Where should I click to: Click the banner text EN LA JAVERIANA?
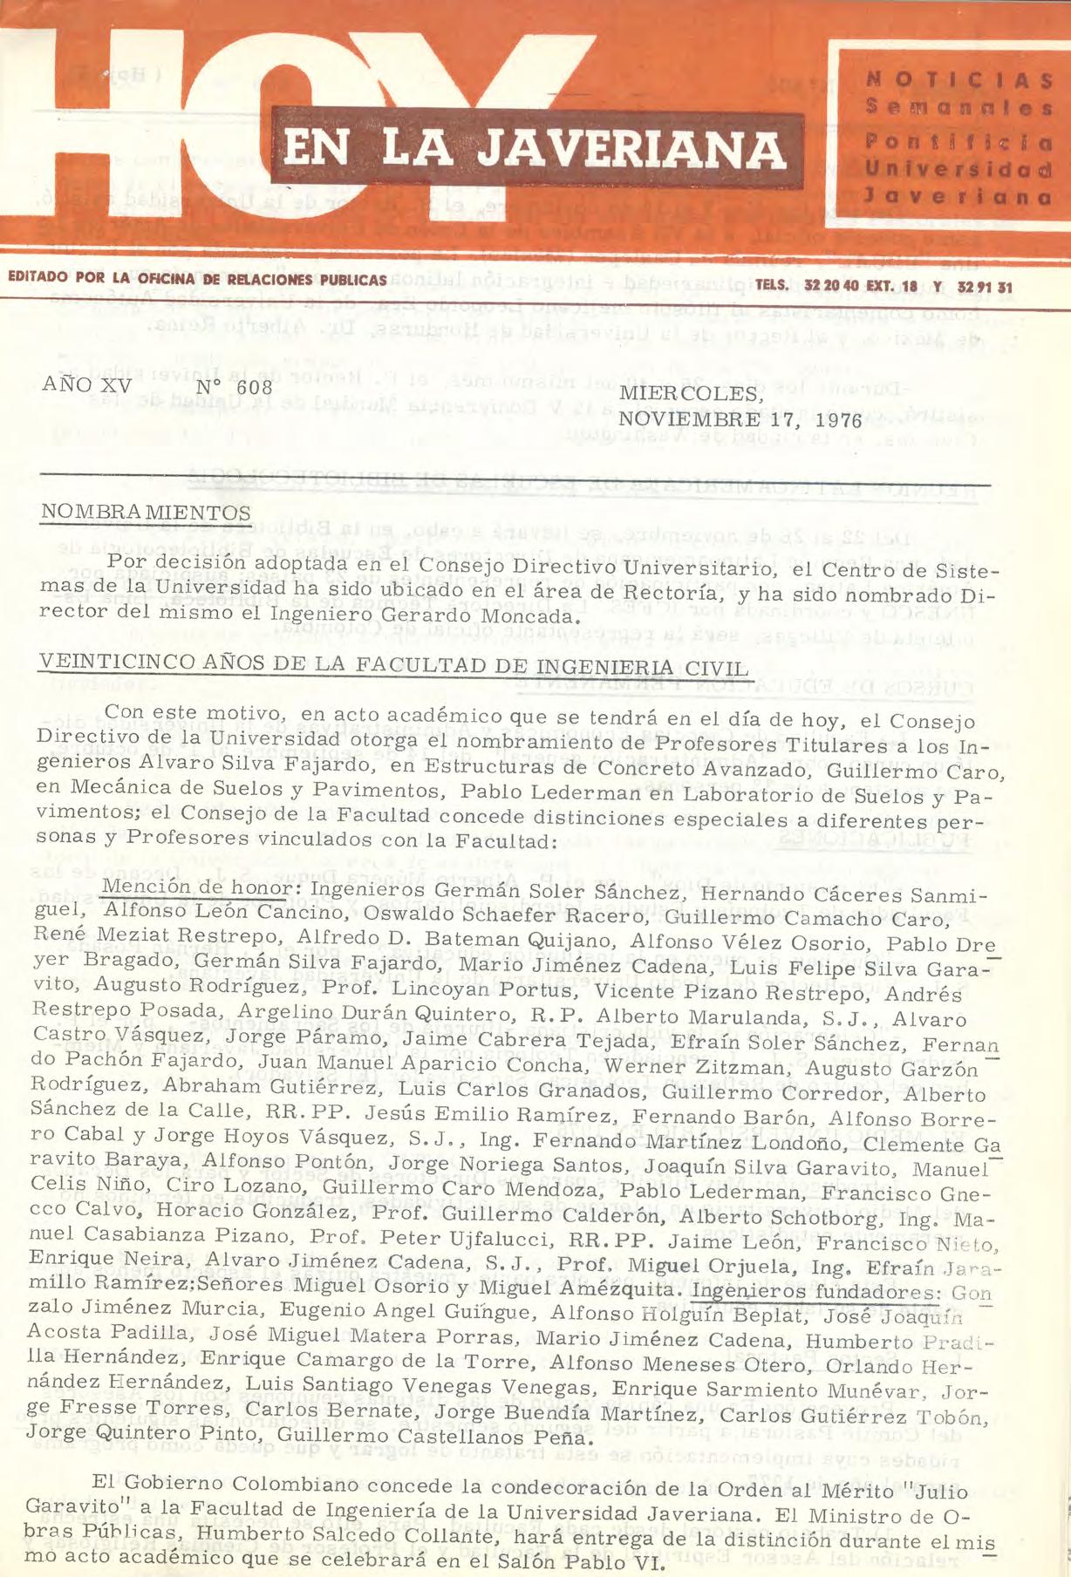[x=535, y=148]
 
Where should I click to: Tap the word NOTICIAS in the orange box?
[x=958, y=80]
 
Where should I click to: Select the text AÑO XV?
[x=86, y=384]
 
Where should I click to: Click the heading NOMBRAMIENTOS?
[x=146, y=513]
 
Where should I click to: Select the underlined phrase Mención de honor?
[x=196, y=887]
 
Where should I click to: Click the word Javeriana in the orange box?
[x=958, y=197]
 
